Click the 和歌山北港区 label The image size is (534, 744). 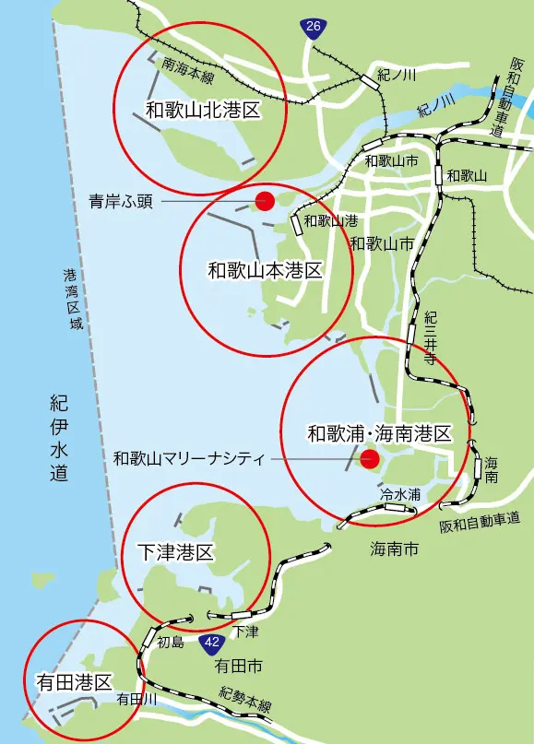199,110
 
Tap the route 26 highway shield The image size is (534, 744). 314,29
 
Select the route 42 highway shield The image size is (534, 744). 212,642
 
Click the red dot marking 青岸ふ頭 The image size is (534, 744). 266,199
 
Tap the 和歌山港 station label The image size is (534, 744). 330,221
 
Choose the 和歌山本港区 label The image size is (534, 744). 264,271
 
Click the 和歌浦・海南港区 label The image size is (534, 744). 379,432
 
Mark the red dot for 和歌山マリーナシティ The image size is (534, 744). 370,458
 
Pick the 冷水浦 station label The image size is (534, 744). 400,494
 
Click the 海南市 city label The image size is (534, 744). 394,549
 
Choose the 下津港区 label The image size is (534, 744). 175,552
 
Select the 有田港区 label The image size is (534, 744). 73,682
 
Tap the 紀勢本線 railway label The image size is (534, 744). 245,698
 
